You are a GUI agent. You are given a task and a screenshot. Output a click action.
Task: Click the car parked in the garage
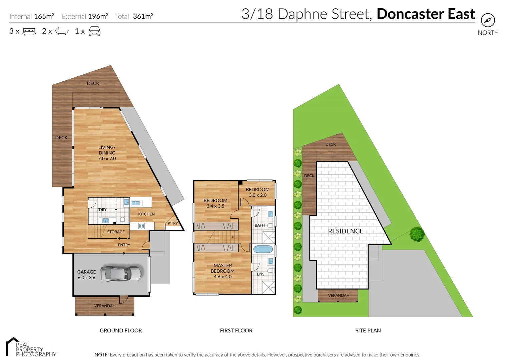[121, 274]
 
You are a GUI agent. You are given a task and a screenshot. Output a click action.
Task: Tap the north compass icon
[488, 20]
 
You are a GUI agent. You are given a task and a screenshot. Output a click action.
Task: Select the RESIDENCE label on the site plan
[345, 231]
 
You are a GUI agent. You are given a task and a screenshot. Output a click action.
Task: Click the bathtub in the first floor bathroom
[263, 249]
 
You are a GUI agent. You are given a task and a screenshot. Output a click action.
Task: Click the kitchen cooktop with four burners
[141, 226]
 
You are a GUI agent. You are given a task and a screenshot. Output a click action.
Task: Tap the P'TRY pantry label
[173, 223]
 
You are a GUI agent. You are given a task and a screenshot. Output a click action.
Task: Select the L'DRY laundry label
[101, 210]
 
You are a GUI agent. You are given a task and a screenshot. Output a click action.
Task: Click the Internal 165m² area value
[44, 16]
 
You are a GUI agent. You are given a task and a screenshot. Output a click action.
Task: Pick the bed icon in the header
[29, 32]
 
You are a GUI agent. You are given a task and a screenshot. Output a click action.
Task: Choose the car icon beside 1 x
[94, 32]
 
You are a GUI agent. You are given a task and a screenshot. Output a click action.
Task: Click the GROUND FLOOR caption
[121, 330]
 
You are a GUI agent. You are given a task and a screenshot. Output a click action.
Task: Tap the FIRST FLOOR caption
[236, 330]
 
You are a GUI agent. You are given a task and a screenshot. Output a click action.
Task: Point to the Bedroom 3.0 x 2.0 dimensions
[258, 195]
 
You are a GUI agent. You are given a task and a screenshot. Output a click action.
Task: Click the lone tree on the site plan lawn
[417, 234]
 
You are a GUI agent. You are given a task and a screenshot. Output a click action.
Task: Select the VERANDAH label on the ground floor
[105, 306]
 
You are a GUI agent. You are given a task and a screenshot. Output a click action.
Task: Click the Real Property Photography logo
[31, 348]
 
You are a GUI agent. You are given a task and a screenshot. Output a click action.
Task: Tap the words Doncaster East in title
[426, 14]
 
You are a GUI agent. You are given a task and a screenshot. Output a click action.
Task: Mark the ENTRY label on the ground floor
[124, 245]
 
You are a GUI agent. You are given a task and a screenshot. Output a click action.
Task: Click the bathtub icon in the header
[62, 31]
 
